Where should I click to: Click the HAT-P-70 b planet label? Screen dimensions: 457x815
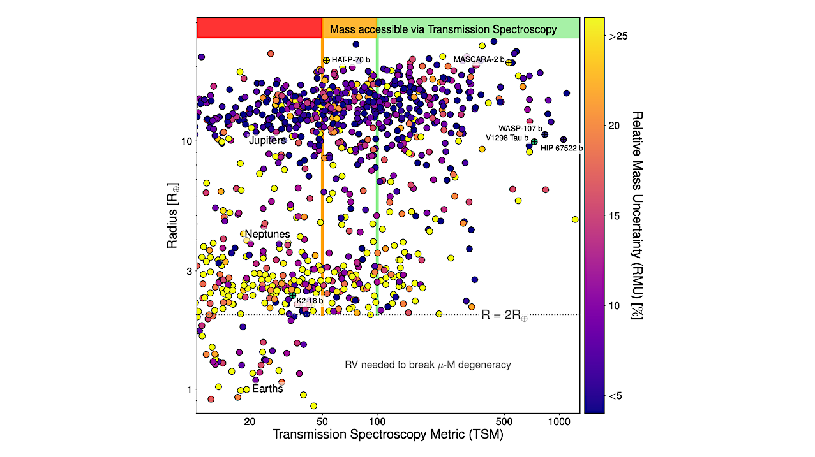tap(350, 60)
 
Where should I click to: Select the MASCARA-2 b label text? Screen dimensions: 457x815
tap(479, 59)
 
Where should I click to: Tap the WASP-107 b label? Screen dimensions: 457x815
tap(520, 128)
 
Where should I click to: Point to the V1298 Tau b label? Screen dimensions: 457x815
tap(507, 138)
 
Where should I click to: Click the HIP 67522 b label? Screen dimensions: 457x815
tap(561, 149)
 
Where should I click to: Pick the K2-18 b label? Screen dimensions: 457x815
tap(310, 301)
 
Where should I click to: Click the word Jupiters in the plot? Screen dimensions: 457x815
tap(267, 140)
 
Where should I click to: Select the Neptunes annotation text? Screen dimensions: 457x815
tap(267, 234)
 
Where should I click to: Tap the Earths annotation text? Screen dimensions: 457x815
tap(267, 389)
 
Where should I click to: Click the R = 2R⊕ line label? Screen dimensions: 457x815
tap(504, 314)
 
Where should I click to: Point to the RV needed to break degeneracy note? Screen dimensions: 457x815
tap(428, 365)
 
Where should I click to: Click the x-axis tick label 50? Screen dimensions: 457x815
tap(322, 421)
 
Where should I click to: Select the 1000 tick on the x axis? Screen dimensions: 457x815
tap(560, 421)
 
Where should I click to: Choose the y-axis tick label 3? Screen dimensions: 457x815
tap(188, 272)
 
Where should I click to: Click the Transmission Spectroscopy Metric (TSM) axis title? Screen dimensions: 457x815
tap(387, 435)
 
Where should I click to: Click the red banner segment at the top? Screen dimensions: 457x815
tap(259, 28)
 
